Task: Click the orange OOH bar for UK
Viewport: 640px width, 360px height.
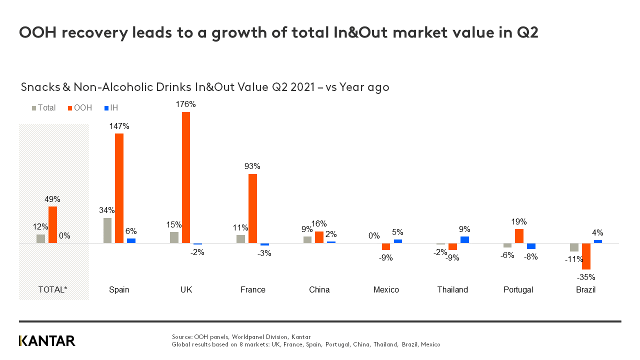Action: pos(185,177)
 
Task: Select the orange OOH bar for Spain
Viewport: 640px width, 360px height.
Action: pos(119,188)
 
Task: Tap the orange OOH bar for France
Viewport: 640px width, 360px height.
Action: pos(252,208)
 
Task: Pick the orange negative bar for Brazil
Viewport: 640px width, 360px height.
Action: pos(586,256)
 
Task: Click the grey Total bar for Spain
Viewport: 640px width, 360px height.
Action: pos(107,230)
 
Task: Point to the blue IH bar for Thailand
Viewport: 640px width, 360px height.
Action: pos(464,239)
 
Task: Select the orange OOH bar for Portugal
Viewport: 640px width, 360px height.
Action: pos(519,236)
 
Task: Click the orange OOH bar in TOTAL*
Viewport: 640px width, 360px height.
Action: pos(52,224)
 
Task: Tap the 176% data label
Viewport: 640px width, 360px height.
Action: pos(185,104)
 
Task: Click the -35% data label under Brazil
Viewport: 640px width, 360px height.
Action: pos(586,277)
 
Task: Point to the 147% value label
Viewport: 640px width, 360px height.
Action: pos(119,126)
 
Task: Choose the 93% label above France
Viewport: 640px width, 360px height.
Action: pos(252,166)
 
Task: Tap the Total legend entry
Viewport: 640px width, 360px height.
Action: pos(44,108)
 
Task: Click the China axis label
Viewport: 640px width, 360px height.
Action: pos(319,290)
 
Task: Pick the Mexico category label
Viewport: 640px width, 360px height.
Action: pos(386,290)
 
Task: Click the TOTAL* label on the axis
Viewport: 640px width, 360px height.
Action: pos(52,290)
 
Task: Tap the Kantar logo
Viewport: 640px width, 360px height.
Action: pos(47,341)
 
